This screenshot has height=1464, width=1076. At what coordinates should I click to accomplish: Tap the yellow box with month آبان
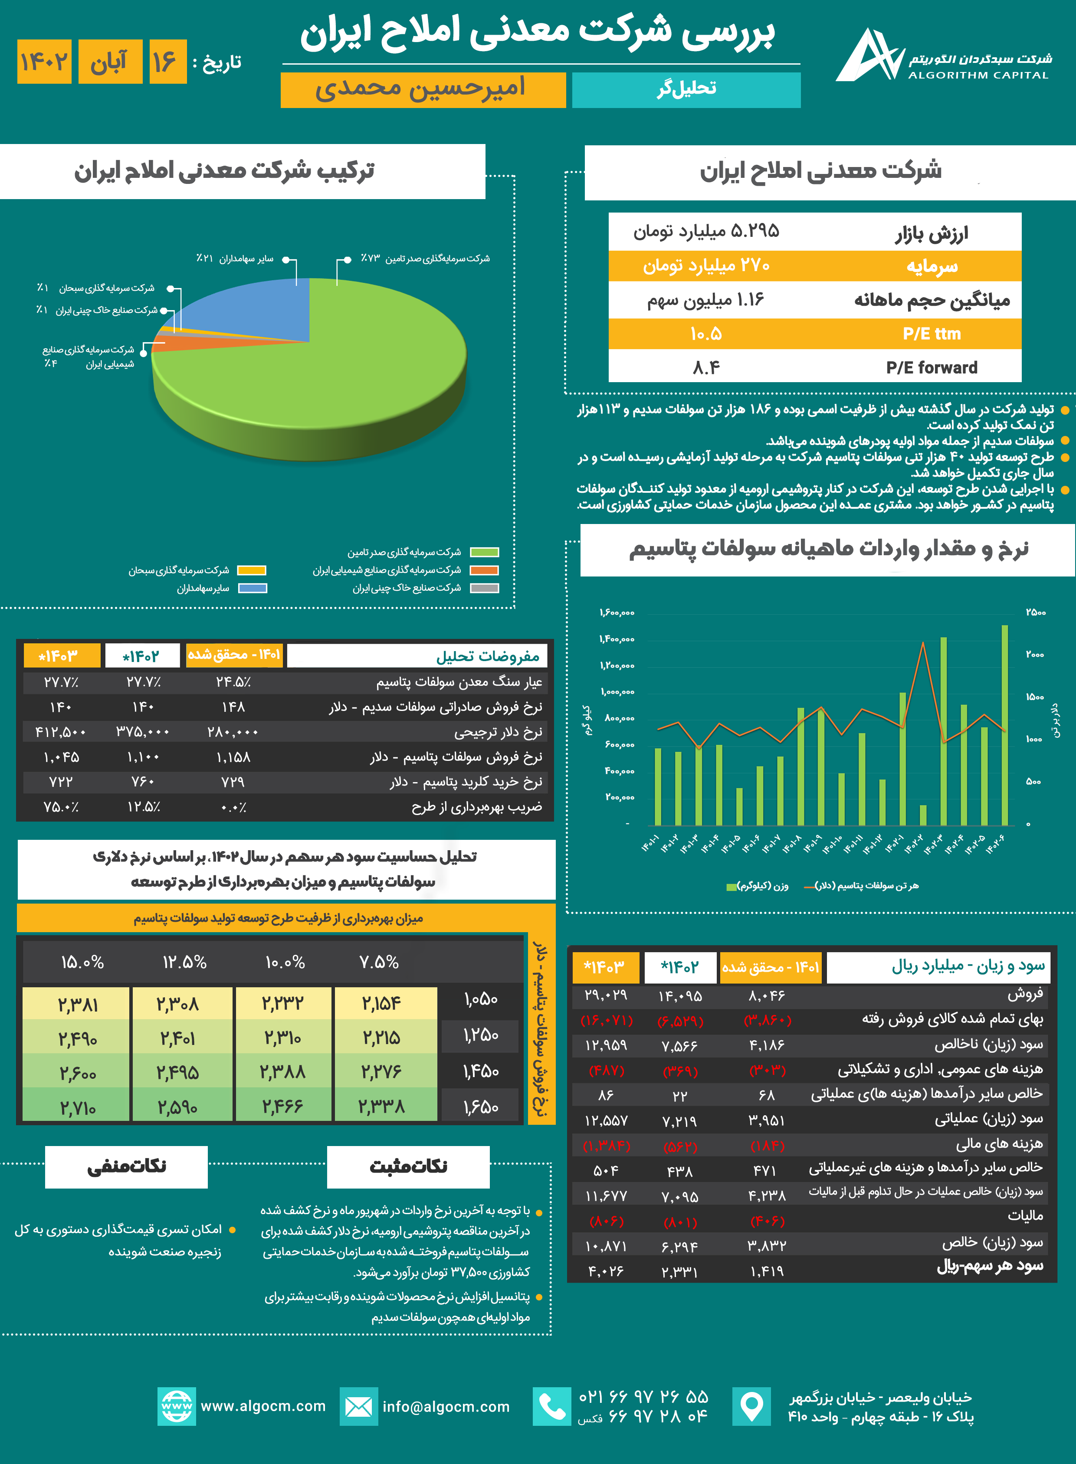109,62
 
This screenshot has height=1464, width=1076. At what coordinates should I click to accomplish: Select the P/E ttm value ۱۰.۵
706,334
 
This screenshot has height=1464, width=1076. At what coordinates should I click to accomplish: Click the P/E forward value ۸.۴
706,368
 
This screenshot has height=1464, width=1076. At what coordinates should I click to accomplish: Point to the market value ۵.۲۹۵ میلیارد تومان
706,232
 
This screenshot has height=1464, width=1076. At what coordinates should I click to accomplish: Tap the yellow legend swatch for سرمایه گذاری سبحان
251,570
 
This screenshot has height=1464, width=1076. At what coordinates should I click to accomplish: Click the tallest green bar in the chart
1004,723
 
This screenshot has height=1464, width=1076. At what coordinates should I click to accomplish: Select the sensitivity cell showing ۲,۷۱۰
78,1107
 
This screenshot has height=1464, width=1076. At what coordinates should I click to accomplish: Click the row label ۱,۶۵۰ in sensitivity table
481,1107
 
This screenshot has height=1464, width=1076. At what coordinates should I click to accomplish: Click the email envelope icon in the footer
358,1407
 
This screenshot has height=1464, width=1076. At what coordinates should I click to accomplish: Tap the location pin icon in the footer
751,1407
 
